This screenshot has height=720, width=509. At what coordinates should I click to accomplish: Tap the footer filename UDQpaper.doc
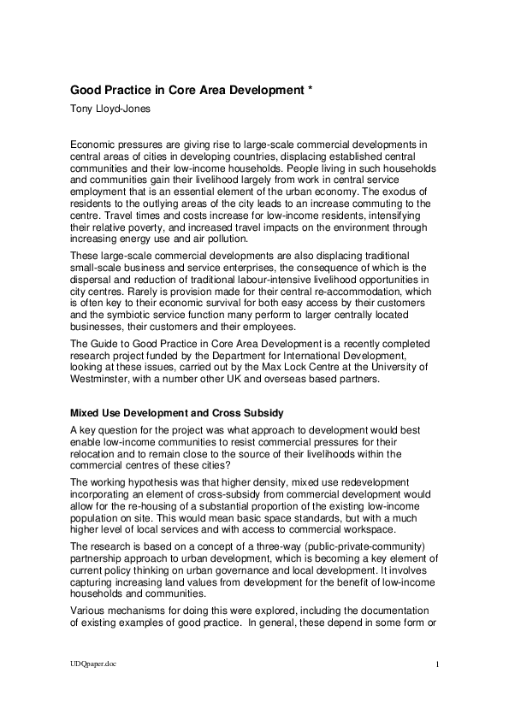click(x=93, y=686)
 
